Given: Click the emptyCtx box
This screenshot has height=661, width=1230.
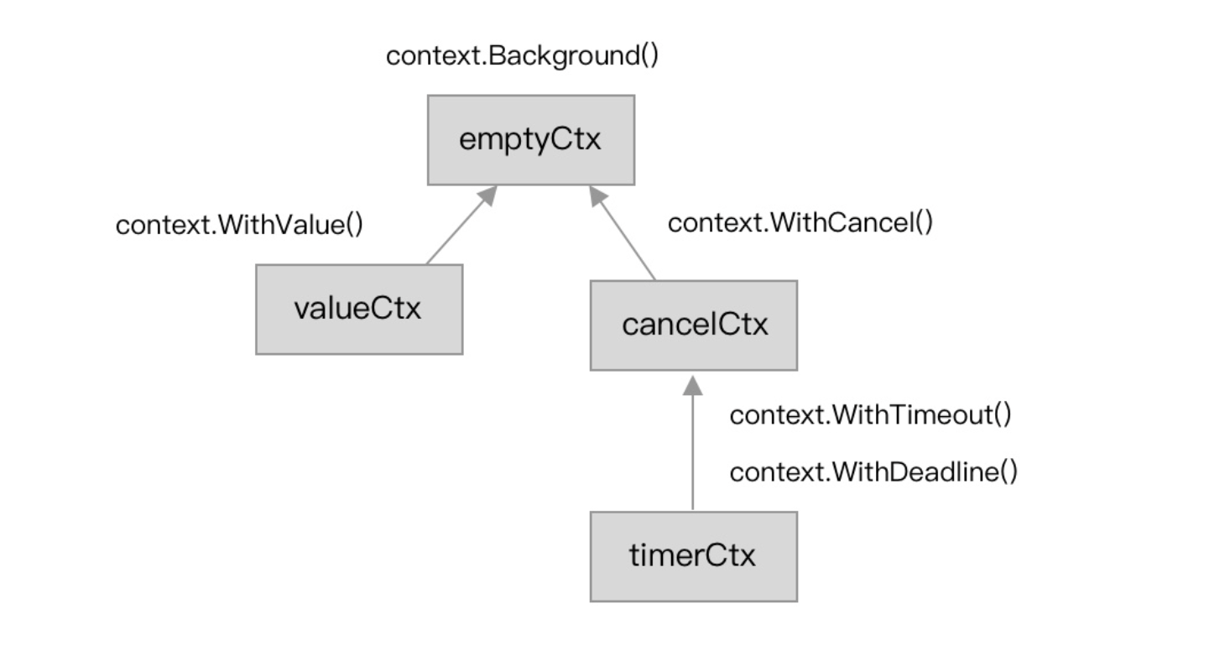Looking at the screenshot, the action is [531, 140].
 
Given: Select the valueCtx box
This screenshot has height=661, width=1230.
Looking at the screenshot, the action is [359, 310].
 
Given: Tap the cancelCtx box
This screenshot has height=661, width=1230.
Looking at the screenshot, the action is [694, 325].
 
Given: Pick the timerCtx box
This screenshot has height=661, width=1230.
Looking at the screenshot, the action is [694, 557].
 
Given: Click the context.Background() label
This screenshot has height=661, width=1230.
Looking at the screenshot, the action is [522, 56].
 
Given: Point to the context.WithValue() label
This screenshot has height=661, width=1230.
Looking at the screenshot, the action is [239, 225].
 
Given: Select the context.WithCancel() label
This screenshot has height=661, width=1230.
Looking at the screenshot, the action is [800, 223].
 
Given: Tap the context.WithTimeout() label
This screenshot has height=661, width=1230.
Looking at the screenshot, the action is [870, 414].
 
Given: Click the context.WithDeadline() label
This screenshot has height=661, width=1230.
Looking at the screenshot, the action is [873, 472].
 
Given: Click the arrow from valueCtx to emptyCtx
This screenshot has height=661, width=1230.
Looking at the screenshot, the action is [461, 225].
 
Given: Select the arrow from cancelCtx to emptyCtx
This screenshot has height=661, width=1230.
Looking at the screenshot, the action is [623, 233].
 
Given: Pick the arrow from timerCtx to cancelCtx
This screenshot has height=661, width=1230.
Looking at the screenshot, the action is [692, 443].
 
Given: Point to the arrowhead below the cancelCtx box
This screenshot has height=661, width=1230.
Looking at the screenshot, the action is [692, 385].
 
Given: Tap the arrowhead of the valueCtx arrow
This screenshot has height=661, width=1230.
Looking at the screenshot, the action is [488, 195].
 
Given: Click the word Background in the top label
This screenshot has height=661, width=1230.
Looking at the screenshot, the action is [564, 56].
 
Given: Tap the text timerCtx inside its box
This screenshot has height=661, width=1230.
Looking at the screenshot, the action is [692, 555].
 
